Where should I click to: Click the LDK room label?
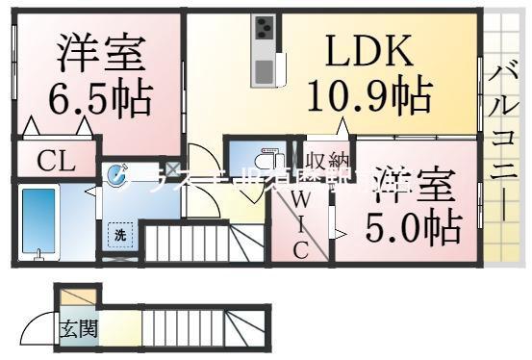(366, 48)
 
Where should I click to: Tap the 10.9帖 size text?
(368, 93)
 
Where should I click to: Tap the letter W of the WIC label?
(299, 202)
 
